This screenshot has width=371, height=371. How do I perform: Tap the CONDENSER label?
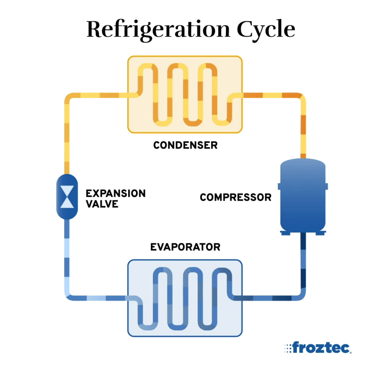pos(185,145)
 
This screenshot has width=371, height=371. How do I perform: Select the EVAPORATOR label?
pos(185,247)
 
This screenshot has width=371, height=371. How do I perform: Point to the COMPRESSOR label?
pos(235,197)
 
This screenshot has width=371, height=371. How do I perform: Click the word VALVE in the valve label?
pos(102,204)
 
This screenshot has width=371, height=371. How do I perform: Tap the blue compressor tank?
pos(303,195)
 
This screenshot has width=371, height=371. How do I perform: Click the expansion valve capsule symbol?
pos(67,197)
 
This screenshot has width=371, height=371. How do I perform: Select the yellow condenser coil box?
pos(185,94)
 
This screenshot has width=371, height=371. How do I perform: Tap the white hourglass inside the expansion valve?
pos(67,197)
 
